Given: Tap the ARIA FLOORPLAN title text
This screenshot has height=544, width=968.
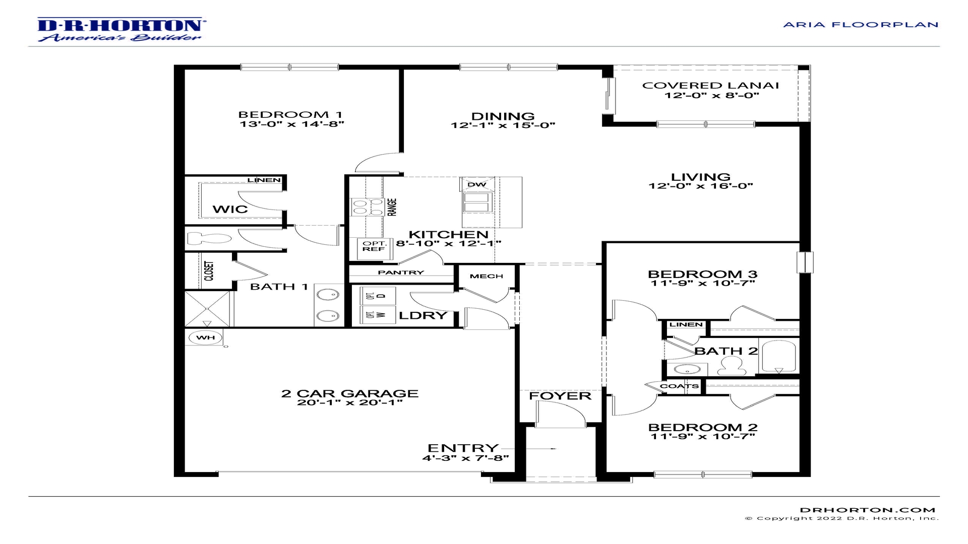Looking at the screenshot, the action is coord(861,25).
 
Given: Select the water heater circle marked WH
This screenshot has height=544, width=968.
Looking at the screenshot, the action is coord(205,337).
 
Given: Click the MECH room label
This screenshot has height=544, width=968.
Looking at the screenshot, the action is coord(487,276).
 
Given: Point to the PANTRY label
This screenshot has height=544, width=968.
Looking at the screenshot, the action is coord(401,273).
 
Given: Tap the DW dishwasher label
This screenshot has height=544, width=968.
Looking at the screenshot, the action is coord(476,184).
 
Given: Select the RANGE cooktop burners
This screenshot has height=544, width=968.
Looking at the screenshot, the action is coord(367,207).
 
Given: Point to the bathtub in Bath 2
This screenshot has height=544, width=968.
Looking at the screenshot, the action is coord(779,357).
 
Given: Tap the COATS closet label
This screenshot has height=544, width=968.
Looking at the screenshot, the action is coord(680,386).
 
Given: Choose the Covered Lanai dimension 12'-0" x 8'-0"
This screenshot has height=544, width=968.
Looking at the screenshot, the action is coord(712,95).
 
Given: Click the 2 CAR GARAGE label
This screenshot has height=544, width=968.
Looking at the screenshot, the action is coord(350,393).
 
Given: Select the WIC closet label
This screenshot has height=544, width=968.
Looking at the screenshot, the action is coord(230,209).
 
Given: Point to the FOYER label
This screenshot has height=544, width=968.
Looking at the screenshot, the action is coord(560,396).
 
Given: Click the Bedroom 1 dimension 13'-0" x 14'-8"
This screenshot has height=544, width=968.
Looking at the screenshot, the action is coord(292,124).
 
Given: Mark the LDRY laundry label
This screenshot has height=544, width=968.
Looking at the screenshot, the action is coord(423,315).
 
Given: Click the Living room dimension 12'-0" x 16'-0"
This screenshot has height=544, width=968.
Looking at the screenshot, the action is coord(701,186).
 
